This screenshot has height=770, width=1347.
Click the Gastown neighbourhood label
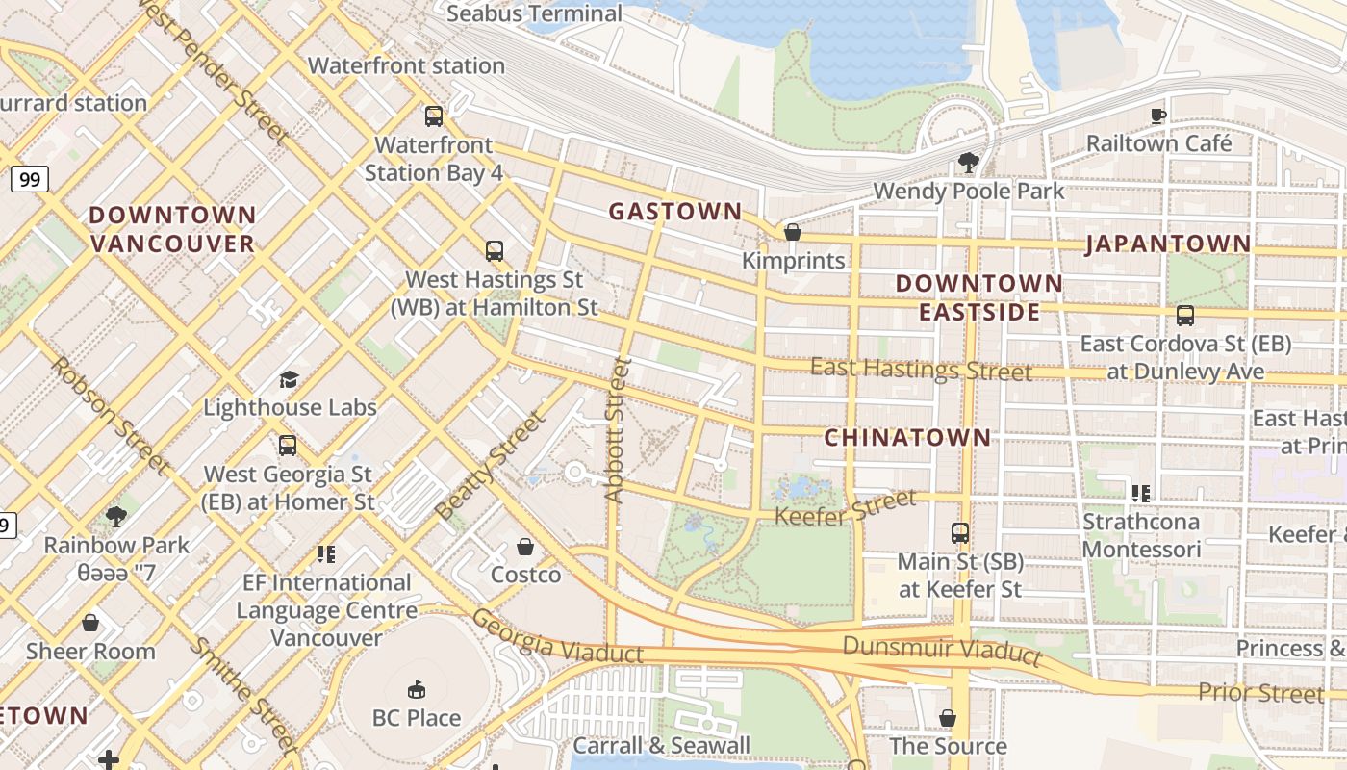coord(674,212)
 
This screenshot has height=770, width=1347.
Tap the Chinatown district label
coord(907,438)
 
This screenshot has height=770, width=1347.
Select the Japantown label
coord(1168,244)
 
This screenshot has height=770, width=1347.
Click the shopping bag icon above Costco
coord(525,547)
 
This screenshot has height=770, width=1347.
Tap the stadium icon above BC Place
coord(417,689)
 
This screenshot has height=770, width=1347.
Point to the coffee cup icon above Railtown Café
coord(1158,115)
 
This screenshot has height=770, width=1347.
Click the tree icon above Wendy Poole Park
coord(968,163)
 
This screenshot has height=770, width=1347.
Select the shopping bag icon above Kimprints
coord(793,232)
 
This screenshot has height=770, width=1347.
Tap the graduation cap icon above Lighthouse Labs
coord(289,379)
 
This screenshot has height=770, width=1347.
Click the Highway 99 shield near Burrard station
coord(30,179)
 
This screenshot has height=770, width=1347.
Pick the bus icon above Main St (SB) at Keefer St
coord(959,532)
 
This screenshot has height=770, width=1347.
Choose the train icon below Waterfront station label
coord(434,116)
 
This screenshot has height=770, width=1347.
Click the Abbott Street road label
coord(617,429)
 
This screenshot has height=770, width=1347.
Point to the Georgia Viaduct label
coord(558,637)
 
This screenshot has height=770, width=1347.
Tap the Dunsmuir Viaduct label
coord(942,650)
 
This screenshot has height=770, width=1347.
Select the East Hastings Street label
coord(921,370)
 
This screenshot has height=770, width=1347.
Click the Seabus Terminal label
coord(534,14)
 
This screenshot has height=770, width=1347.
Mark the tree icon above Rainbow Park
coord(116,517)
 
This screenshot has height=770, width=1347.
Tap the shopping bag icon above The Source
coord(948,718)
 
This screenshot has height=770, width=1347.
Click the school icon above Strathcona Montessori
coord(1141,494)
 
